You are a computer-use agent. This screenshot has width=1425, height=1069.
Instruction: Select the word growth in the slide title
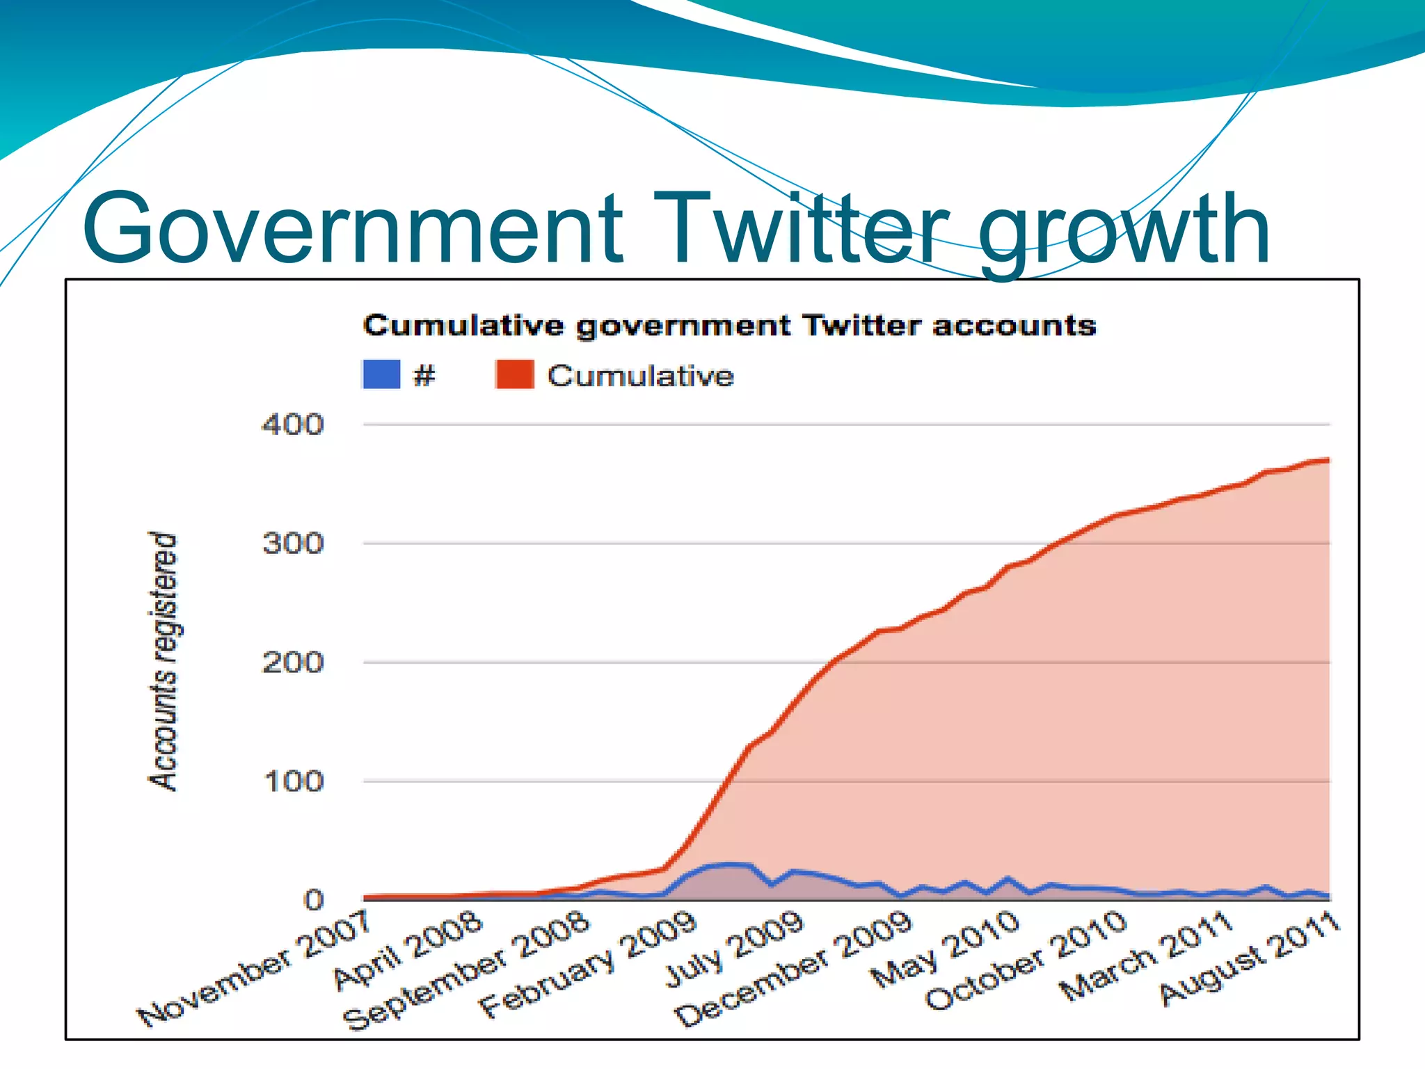tap(1124, 233)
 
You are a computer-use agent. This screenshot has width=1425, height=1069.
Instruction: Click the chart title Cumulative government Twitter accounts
tap(729, 326)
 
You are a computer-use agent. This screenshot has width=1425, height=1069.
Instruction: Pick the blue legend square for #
tap(381, 374)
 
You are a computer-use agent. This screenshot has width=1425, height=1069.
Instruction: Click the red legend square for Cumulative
tap(514, 374)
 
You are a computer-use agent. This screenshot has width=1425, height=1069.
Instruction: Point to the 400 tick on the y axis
tap(293, 425)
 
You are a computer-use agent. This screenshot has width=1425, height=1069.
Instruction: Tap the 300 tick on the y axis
tap(293, 544)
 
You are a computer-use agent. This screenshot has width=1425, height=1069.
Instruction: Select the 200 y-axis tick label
tap(293, 663)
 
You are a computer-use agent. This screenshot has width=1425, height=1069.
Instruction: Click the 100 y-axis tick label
tap(293, 782)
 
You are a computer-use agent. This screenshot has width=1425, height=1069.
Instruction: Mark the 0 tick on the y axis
tap(314, 901)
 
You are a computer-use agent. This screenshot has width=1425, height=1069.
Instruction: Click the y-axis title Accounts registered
tap(164, 661)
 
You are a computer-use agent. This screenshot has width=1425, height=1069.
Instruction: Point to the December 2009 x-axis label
tap(794, 970)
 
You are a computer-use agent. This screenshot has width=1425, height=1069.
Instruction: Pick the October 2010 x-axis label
tap(1026, 961)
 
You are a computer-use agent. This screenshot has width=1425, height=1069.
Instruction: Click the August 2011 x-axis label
tap(1250, 960)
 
